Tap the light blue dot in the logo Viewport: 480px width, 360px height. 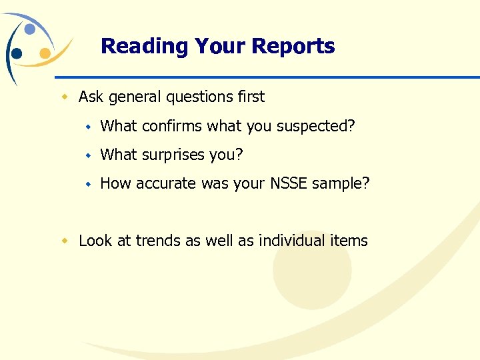(x=30, y=29)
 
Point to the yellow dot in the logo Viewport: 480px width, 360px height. (x=45, y=53)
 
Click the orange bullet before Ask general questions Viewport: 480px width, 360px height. (x=65, y=97)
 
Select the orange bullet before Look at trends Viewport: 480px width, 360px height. (x=65, y=241)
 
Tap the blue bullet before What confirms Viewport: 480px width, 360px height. (x=87, y=127)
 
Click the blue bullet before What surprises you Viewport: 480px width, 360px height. (x=87, y=155)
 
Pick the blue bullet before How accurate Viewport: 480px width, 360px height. (x=87, y=184)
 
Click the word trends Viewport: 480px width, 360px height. (x=158, y=241)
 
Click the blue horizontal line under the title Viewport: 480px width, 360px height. (x=267, y=77)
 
